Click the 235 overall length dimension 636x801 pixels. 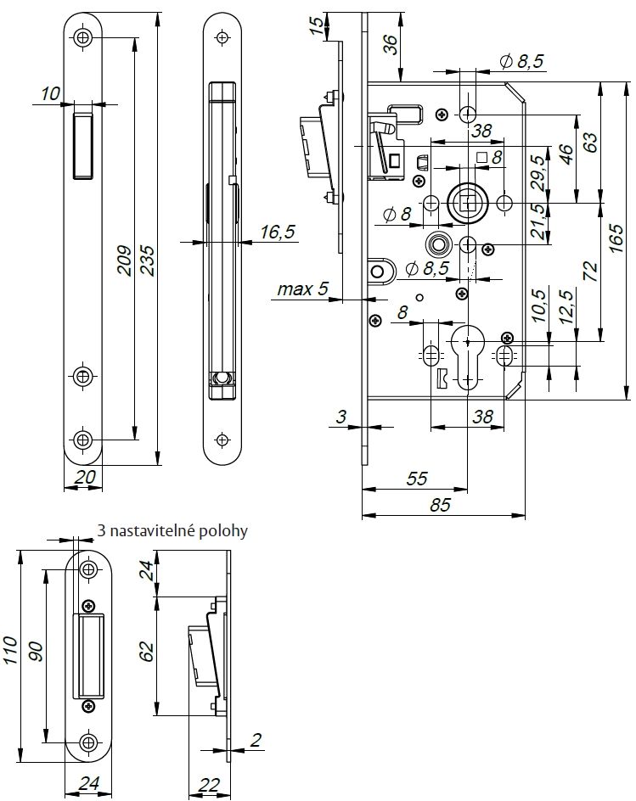pyautogui.click(x=147, y=260)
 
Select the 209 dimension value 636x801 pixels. pyautogui.click(x=126, y=260)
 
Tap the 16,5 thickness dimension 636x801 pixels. pyautogui.click(x=278, y=232)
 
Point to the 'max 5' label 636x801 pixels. pyautogui.click(x=302, y=289)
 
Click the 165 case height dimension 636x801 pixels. pyautogui.click(x=616, y=238)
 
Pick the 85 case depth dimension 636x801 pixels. pyautogui.click(x=440, y=505)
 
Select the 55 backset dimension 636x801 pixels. pyautogui.click(x=417, y=479)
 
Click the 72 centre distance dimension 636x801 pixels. pyautogui.click(x=590, y=272)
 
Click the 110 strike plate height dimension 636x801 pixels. pyautogui.click(x=11, y=650)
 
